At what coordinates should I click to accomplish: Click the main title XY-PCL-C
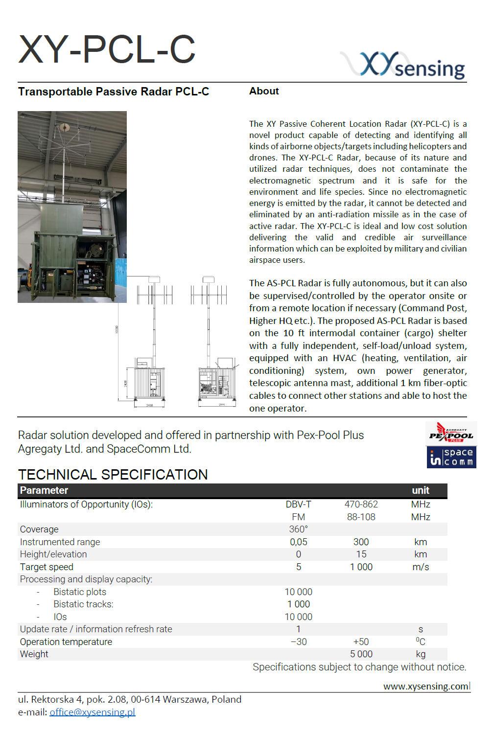pyautogui.click(x=107, y=49)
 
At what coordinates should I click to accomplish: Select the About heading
pyautogui.click(x=264, y=91)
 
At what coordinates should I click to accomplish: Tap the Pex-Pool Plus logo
pyautogui.click(x=450, y=433)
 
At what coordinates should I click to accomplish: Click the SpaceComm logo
pyautogui.click(x=451, y=457)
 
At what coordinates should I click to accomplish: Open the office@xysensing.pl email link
pyautogui.click(x=92, y=712)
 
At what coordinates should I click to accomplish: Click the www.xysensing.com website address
pyautogui.click(x=426, y=686)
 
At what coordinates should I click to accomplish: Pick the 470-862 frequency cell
pyautogui.click(x=361, y=504)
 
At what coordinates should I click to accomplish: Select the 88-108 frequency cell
pyautogui.click(x=361, y=517)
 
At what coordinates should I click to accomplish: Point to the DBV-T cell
pyautogui.click(x=298, y=504)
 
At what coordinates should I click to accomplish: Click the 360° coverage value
pyautogui.click(x=298, y=529)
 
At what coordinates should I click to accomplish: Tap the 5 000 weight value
pyautogui.click(x=361, y=654)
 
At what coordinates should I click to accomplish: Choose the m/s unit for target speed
pyautogui.click(x=421, y=567)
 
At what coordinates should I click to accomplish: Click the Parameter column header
pyautogui.click(x=44, y=490)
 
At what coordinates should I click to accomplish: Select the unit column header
pyautogui.click(x=421, y=490)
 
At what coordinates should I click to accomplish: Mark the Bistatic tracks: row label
pyautogui.click(x=83, y=604)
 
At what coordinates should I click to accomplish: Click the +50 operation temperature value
pyautogui.click(x=361, y=642)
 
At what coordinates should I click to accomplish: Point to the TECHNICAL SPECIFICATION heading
pyautogui.click(x=113, y=474)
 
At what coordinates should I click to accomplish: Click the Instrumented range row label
pyautogui.click(x=60, y=542)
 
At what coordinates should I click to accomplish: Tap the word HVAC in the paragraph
pyautogui.click(x=345, y=358)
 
